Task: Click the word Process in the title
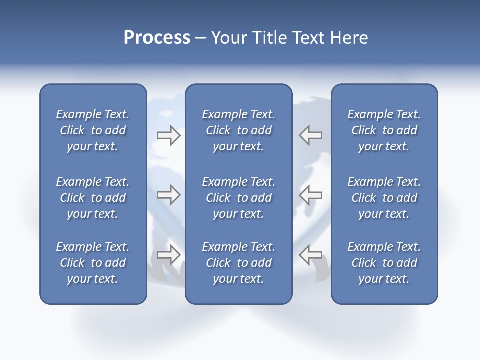(157, 38)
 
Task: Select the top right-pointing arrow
(169, 135)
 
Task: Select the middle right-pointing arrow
(169, 195)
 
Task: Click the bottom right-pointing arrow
(169, 255)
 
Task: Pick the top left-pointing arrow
(310, 135)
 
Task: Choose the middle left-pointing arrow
(310, 195)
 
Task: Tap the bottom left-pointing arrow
(310, 255)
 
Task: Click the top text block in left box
(93, 130)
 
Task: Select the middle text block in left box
(93, 198)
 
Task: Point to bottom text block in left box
(93, 263)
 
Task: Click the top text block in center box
(238, 130)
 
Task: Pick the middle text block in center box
(238, 198)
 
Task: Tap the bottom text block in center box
(238, 263)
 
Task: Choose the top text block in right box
(384, 130)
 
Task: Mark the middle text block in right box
(384, 198)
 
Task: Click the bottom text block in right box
(384, 263)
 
